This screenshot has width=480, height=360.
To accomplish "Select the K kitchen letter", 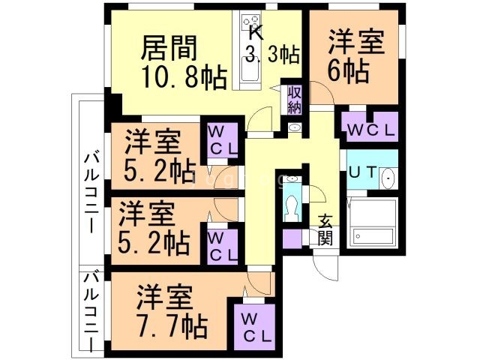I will pyautogui.click(x=256, y=33).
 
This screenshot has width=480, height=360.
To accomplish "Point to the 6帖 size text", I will pyautogui.click(x=348, y=72).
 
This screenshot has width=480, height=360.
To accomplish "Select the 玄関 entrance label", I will pyautogui.click(x=325, y=229).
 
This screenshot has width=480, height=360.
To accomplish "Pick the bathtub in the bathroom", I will pyautogui.click(x=372, y=223).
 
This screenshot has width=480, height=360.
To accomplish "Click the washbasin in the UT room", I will pyautogui.click(x=387, y=178).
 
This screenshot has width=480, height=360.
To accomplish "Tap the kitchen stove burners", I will pyautogui.click(x=250, y=25).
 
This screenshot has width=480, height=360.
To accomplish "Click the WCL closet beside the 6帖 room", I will pyautogui.click(x=370, y=129).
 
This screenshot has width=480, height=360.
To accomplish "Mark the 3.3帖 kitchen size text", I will pyautogui.click(x=273, y=54).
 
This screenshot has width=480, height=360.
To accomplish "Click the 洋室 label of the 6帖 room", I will pyautogui.click(x=355, y=40).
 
